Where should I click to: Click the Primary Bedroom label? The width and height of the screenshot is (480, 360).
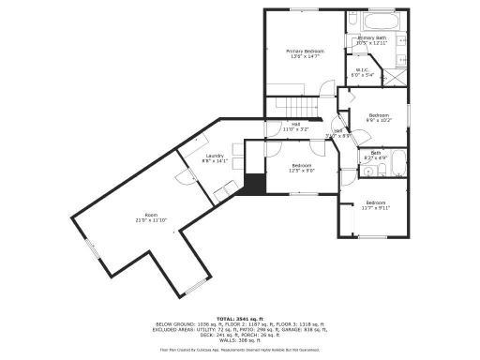pos(305,53)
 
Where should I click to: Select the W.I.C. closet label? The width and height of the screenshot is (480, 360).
pos(362,72)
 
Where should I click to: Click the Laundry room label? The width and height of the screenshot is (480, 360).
pos(216,158)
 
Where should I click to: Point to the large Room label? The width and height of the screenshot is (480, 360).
pos(150,217)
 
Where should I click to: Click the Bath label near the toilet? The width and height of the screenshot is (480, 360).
pos(375,155)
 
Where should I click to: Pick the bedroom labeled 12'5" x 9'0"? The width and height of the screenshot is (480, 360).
pos(301,168)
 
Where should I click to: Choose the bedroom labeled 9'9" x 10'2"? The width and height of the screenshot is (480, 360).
pos(378,118)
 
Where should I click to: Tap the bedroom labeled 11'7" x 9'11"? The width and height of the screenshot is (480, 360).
pos(375,206)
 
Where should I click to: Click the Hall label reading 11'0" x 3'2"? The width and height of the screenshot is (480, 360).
pos(295,127)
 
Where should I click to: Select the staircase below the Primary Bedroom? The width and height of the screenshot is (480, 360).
pos(295,106)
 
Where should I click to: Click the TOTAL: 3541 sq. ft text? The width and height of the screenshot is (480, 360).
pos(240,319)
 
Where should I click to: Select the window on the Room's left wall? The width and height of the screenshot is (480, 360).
pos(91,250)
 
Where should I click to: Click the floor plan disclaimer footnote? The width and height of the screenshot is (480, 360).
pos(240,352)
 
